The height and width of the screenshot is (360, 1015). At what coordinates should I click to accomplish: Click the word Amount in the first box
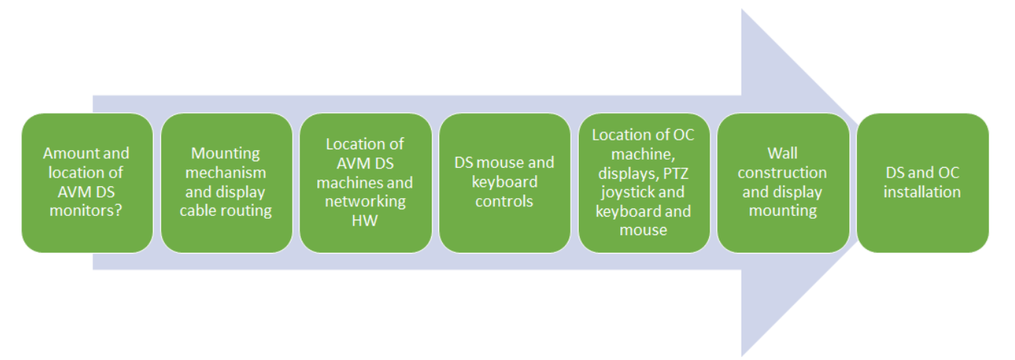pos(64,154)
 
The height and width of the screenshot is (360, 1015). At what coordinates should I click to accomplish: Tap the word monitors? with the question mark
pos(87,211)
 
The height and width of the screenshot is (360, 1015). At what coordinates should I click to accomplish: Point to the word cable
pos(196,211)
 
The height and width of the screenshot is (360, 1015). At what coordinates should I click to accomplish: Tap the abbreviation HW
pos(365,220)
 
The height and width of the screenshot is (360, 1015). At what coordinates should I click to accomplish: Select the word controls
pos(504,202)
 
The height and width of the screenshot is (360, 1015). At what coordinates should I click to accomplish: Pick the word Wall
pos(783,154)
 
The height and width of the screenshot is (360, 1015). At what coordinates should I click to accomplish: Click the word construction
pos(782,173)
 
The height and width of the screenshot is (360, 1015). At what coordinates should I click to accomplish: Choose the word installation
pos(923,192)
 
